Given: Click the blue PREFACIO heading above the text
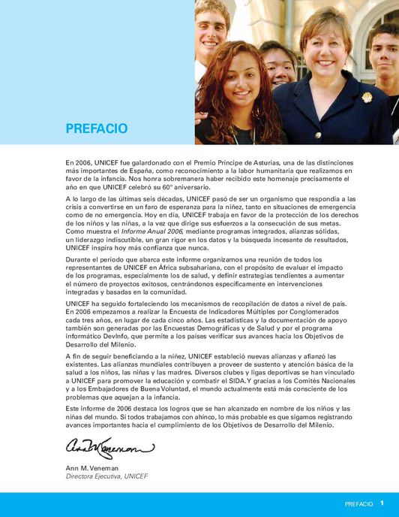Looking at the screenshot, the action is coord(96,128).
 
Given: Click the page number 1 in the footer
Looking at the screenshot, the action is coord(382,503).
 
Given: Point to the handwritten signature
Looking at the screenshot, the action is coord(109,448).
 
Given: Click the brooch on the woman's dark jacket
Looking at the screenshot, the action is coord(367,96).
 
